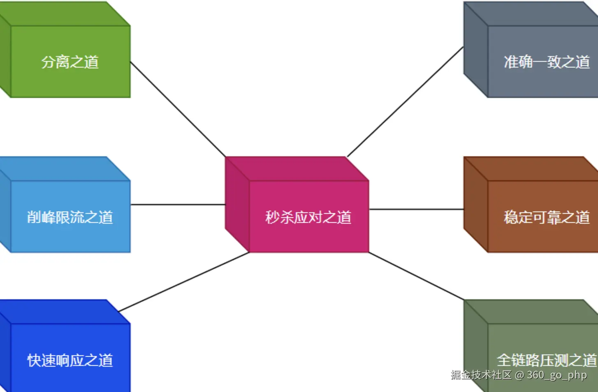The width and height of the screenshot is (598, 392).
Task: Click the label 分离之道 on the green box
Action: [70, 62]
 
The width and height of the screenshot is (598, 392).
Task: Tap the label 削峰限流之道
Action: [70, 217]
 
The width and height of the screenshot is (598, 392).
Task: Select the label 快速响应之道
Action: [70, 360]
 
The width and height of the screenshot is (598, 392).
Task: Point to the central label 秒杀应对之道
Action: [308, 217]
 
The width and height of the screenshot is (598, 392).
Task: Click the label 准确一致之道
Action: [547, 62]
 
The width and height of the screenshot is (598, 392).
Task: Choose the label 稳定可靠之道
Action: [547, 217]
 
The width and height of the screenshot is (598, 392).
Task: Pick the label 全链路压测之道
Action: [547, 360]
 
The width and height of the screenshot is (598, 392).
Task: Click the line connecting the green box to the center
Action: [178, 109]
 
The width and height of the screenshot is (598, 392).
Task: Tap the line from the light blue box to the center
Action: [178, 204]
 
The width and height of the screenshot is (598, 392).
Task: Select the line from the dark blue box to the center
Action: [184, 282]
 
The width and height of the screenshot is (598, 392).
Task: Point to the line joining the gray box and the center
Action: [405, 102]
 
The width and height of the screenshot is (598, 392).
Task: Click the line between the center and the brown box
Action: [416, 209]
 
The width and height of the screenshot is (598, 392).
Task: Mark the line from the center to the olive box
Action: [416, 276]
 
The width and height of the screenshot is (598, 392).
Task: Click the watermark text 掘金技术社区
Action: [481, 375]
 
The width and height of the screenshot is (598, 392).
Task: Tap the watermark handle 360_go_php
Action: [557, 375]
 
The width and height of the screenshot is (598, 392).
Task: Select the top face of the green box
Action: [66, 14]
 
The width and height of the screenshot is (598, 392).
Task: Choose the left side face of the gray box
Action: [476, 50]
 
